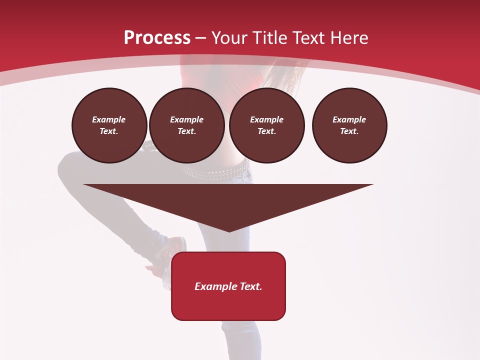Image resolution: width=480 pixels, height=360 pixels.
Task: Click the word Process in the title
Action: pos(157,38)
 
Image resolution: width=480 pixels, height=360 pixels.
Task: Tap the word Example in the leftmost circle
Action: pos(109,119)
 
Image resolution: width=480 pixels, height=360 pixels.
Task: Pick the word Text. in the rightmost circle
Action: pos(349,131)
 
